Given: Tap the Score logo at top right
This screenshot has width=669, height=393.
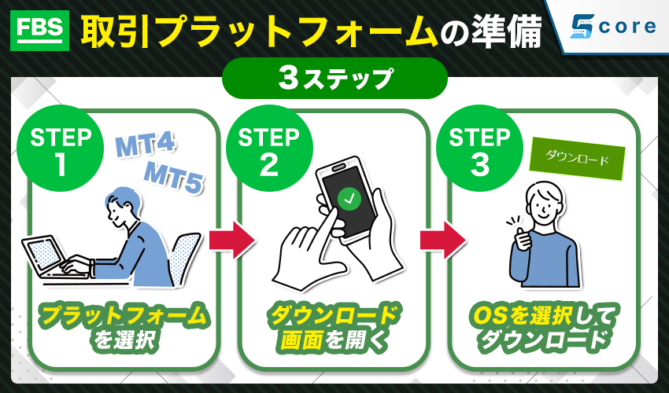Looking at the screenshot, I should click(613, 27).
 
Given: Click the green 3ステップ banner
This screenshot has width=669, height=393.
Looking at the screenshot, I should click(334, 79).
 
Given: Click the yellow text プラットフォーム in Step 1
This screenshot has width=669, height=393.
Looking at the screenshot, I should click(124, 317).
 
